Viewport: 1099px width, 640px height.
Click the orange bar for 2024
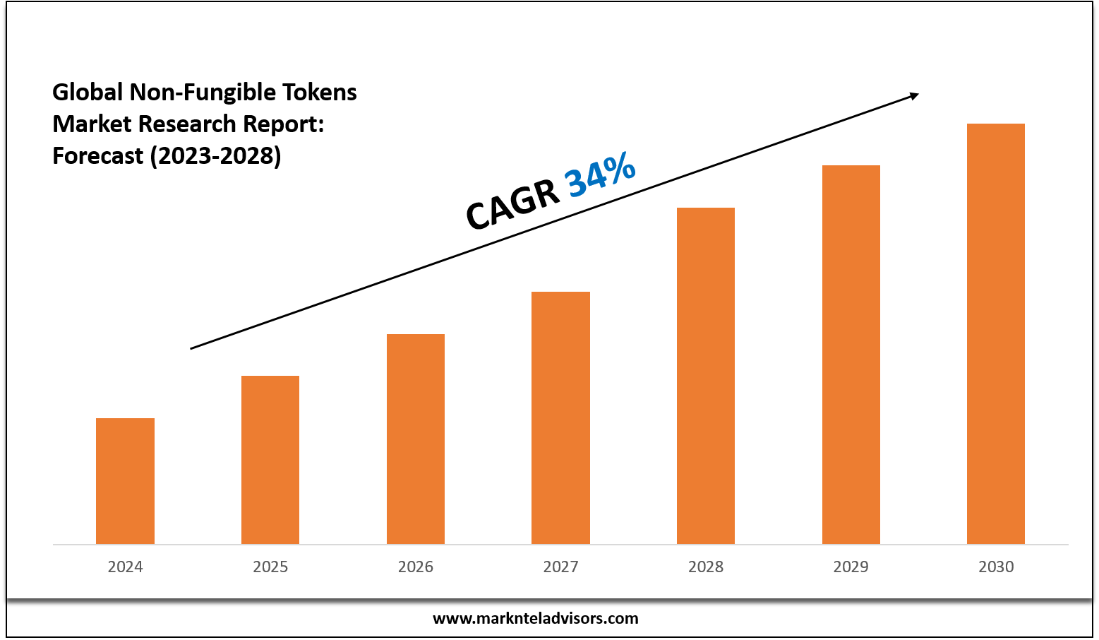(x=125, y=481)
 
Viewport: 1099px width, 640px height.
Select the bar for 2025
(x=270, y=460)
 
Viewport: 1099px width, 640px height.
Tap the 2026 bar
(x=416, y=439)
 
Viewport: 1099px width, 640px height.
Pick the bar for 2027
(x=560, y=417)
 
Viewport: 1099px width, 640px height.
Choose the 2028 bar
(x=706, y=376)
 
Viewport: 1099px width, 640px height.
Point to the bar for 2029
(x=851, y=355)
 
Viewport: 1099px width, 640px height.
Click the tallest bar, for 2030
(x=996, y=333)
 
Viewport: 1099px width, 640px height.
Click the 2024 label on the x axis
(x=125, y=567)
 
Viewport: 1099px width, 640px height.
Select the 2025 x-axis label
(x=270, y=567)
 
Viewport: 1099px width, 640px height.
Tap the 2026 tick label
(x=416, y=567)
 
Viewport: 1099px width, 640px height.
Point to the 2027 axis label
(x=560, y=567)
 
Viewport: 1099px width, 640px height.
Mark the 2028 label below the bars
(x=706, y=567)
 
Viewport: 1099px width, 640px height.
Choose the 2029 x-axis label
(x=851, y=567)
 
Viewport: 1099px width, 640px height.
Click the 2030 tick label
(x=996, y=567)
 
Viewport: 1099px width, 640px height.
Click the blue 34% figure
(x=601, y=174)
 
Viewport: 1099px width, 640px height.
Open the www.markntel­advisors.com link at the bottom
(x=536, y=619)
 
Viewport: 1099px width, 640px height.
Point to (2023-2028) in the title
(x=215, y=155)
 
